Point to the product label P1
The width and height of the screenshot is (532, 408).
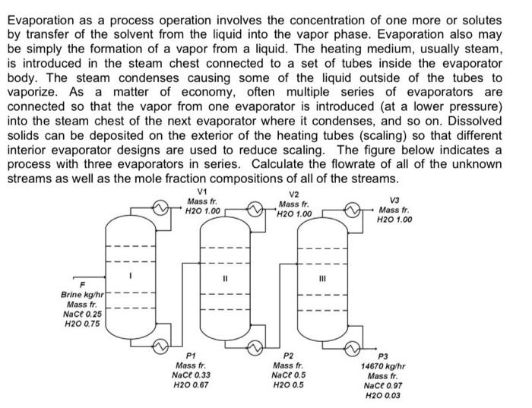(192, 355)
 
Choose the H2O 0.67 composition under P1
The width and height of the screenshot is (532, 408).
(191, 384)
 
